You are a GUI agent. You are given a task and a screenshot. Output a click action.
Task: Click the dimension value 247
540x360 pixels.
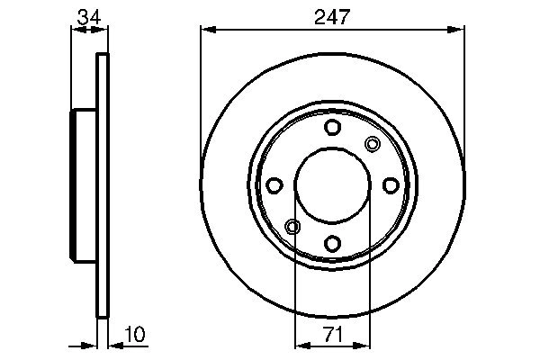pyautogui.click(x=332, y=15)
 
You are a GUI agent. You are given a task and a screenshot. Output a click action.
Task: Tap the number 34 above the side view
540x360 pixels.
pyautogui.click(x=88, y=15)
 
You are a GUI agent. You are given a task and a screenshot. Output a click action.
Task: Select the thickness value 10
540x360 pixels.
pyautogui.click(x=133, y=335)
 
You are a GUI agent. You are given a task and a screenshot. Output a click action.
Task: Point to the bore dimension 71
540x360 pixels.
pyautogui.click(x=332, y=335)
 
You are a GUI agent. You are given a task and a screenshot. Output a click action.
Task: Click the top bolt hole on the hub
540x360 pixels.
pyautogui.click(x=332, y=128)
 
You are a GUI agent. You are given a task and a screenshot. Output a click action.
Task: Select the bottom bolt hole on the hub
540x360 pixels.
pyautogui.click(x=332, y=243)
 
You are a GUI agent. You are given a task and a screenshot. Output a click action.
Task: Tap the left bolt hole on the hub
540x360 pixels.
pyautogui.click(x=274, y=185)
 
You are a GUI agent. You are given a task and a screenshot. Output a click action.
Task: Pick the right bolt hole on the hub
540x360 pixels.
pyautogui.click(x=391, y=185)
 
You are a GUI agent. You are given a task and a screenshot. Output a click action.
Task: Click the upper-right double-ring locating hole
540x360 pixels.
pyautogui.click(x=373, y=144)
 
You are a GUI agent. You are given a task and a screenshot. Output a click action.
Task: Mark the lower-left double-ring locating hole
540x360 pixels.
pyautogui.click(x=292, y=227)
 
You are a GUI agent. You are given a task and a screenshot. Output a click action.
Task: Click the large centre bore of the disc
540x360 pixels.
pyautogui.click(x=332, y=185)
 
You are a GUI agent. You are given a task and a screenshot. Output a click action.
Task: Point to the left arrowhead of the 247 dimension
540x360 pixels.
pyautogui.click(x=206, y=30)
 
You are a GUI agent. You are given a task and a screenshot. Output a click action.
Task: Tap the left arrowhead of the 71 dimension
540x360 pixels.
pyautogui.click(x=301, y=345)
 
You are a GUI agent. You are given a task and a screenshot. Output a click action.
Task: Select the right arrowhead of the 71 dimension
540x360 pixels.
pyautogui.click(x=364, y=345)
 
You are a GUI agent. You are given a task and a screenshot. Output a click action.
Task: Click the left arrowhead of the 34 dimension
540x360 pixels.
pyautogui.click(x=76, y=30)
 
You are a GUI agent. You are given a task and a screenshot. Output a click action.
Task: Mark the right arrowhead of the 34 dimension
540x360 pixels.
pyautogui.click(x=102, y=30)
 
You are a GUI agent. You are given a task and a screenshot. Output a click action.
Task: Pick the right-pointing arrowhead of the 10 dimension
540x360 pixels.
pyautogui.click(x=91, y=345)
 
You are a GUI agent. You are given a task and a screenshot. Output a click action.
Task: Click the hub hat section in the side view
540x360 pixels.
pyautogui.click(x=84, y=185)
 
